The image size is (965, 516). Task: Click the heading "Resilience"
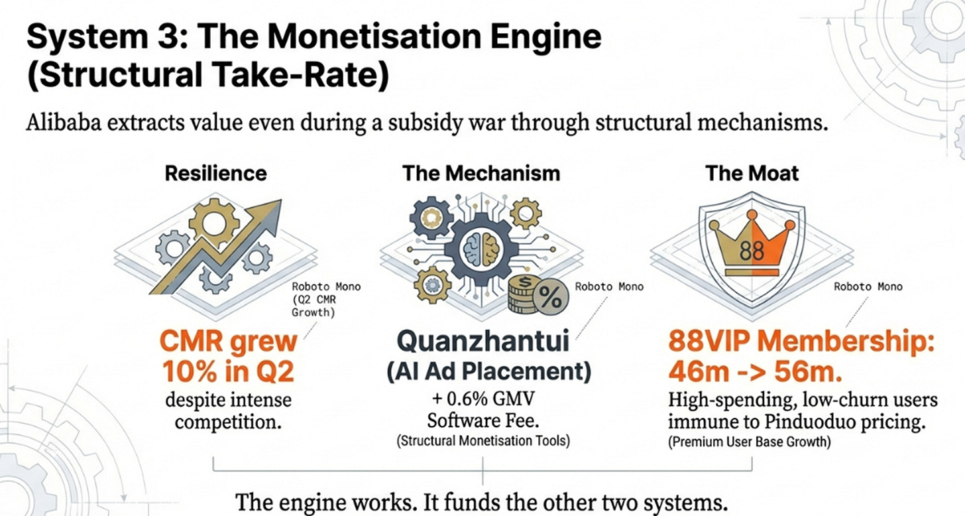point(215,174)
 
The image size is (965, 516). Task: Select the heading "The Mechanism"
point(481,174)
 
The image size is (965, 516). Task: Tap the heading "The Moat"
point(752,174)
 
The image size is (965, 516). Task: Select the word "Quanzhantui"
point(482,344)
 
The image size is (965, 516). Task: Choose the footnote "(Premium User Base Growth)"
point(748,440)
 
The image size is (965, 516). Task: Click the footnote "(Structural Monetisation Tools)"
point(482,440)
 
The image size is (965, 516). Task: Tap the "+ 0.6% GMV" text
point(482,401)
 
